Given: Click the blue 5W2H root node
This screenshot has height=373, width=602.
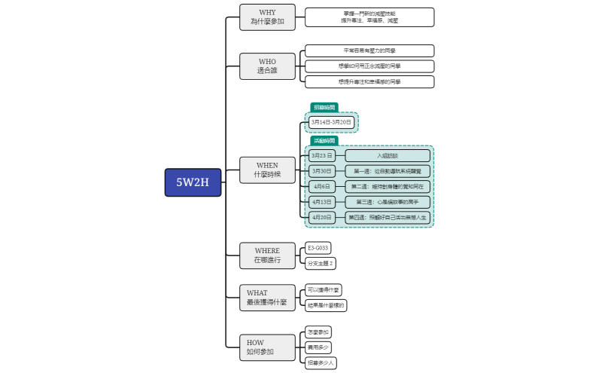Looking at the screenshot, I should point(193,182).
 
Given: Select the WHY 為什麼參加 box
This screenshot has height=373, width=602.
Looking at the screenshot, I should point(267,17).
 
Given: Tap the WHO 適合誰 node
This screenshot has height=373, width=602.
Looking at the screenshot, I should point(267,66).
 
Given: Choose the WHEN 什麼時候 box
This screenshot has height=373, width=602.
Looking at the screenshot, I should point(267,170).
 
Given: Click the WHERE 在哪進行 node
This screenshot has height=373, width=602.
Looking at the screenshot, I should point(267,255).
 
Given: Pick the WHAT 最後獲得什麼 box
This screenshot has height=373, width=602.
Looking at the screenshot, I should point(267,298).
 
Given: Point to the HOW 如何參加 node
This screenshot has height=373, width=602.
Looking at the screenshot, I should point(267,347).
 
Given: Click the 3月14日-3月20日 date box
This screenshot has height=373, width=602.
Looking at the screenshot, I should point(331,122).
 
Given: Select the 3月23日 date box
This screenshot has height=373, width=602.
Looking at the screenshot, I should point(321,155).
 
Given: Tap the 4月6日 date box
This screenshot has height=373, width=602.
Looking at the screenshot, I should point(321,186).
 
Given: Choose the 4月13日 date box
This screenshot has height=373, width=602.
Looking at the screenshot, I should point(321,202).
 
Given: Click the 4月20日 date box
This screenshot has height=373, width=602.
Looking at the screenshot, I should point(321,217).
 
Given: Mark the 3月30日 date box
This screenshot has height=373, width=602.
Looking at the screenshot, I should point(321,171).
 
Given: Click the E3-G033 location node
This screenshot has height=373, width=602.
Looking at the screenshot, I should point(318,248).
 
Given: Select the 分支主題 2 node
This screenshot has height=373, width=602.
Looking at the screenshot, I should point(320,263).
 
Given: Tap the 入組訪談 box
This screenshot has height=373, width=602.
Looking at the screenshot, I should point(388,155).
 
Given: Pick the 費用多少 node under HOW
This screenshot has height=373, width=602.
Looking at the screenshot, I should point(318,347).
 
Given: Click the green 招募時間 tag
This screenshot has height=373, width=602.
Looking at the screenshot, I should point(324,107).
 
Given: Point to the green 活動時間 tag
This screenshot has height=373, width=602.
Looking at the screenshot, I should point(324,140).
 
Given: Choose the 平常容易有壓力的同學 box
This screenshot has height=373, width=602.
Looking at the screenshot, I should point(369,50).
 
